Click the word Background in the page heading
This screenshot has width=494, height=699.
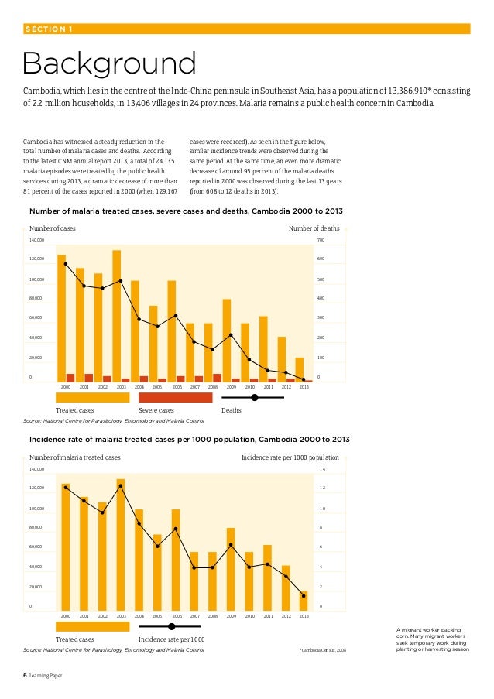click(x=109, y=64)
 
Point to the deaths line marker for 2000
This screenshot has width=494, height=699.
click(x=66, y=264)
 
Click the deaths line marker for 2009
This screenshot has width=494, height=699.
click(x=231, y=335)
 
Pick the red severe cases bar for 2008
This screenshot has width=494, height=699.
click(x=217, y=378)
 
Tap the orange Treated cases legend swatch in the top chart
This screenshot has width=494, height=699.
click(x=92, y=397)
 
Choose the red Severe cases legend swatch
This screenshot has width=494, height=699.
click(x=175, y=397)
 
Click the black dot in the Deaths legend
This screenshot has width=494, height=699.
click(x=254, y=397)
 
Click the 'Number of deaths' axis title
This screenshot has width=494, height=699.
click(x=314, y=228)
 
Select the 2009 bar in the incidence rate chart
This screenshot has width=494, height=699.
click(x=231, y=568)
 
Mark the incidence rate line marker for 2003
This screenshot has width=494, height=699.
click(x=121, y=486)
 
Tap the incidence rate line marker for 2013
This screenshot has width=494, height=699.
click(x=304, y=596)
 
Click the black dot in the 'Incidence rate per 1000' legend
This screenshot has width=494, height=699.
click(x=172, y=626)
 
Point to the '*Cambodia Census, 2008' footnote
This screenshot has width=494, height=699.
click(x=323, y=650)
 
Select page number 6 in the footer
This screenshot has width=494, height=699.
click(x=24, y=676)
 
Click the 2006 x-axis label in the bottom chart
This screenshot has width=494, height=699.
click(x=177, y=617)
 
